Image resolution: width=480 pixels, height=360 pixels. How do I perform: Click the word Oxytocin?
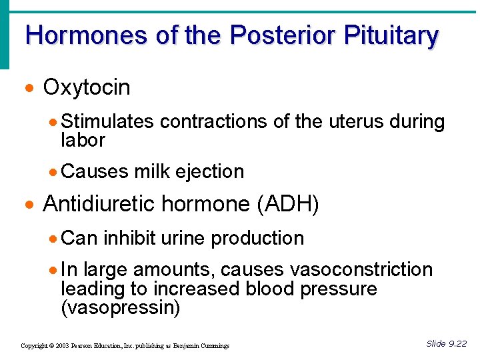(x=87, y=87)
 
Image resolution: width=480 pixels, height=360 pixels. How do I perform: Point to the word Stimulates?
(x=107, y=122)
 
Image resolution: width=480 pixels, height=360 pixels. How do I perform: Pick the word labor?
(x=83, y=140)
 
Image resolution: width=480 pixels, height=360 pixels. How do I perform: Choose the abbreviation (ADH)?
(x=287, y=205)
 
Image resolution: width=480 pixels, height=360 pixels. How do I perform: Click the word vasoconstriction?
(x=361, y=270)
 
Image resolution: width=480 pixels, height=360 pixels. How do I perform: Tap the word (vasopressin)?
(x=121, y=307)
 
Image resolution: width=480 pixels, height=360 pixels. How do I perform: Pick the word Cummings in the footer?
(x=215, y=346)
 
